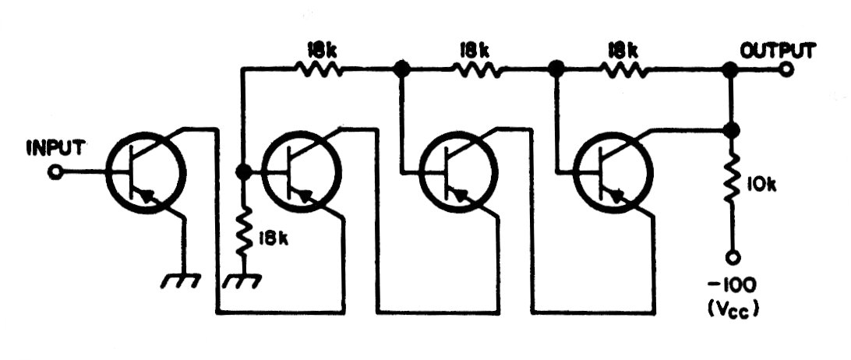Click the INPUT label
[55, 148]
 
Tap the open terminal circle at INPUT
[55, 173]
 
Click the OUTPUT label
[778, 51]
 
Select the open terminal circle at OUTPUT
[786, 70]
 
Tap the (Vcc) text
[732, 308]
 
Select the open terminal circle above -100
[733, 257]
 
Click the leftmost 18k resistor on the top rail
[319, 70]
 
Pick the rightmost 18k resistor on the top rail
[623, 70]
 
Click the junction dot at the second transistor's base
[243, 171]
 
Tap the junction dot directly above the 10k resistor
[733, 130]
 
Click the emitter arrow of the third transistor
[461, 195]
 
